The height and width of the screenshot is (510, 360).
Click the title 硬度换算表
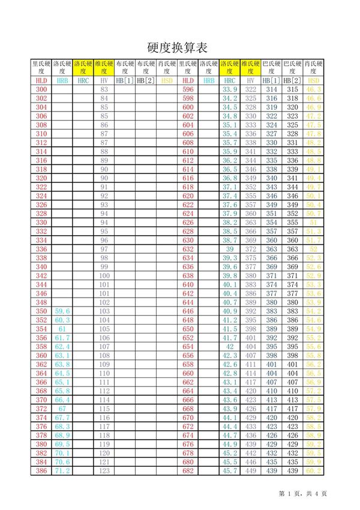point(178,48)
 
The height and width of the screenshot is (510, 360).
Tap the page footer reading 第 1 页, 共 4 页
point(303,494)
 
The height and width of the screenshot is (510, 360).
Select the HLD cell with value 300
point(41,89)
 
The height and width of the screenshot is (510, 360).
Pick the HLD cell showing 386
point(41,472)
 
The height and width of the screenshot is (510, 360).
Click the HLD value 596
point(188,89)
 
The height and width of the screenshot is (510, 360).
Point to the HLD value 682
point(188,472)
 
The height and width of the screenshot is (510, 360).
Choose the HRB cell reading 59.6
point(62,311)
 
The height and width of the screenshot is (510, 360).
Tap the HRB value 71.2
point(62,472)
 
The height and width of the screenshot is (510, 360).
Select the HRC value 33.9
point(230,89)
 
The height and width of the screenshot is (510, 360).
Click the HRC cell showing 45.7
point(230,472)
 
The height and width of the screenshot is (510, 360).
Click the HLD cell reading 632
point(188,249)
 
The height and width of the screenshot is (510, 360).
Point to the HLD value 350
point(41,311)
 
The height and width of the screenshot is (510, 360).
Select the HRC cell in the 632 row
point(230,249)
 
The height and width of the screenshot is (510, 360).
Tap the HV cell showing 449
point(251,472)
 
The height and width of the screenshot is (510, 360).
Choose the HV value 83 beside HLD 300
point(104,89)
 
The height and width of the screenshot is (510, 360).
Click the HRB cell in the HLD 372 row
point(62,409)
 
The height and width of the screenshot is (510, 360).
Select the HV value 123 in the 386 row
point(104,472)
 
